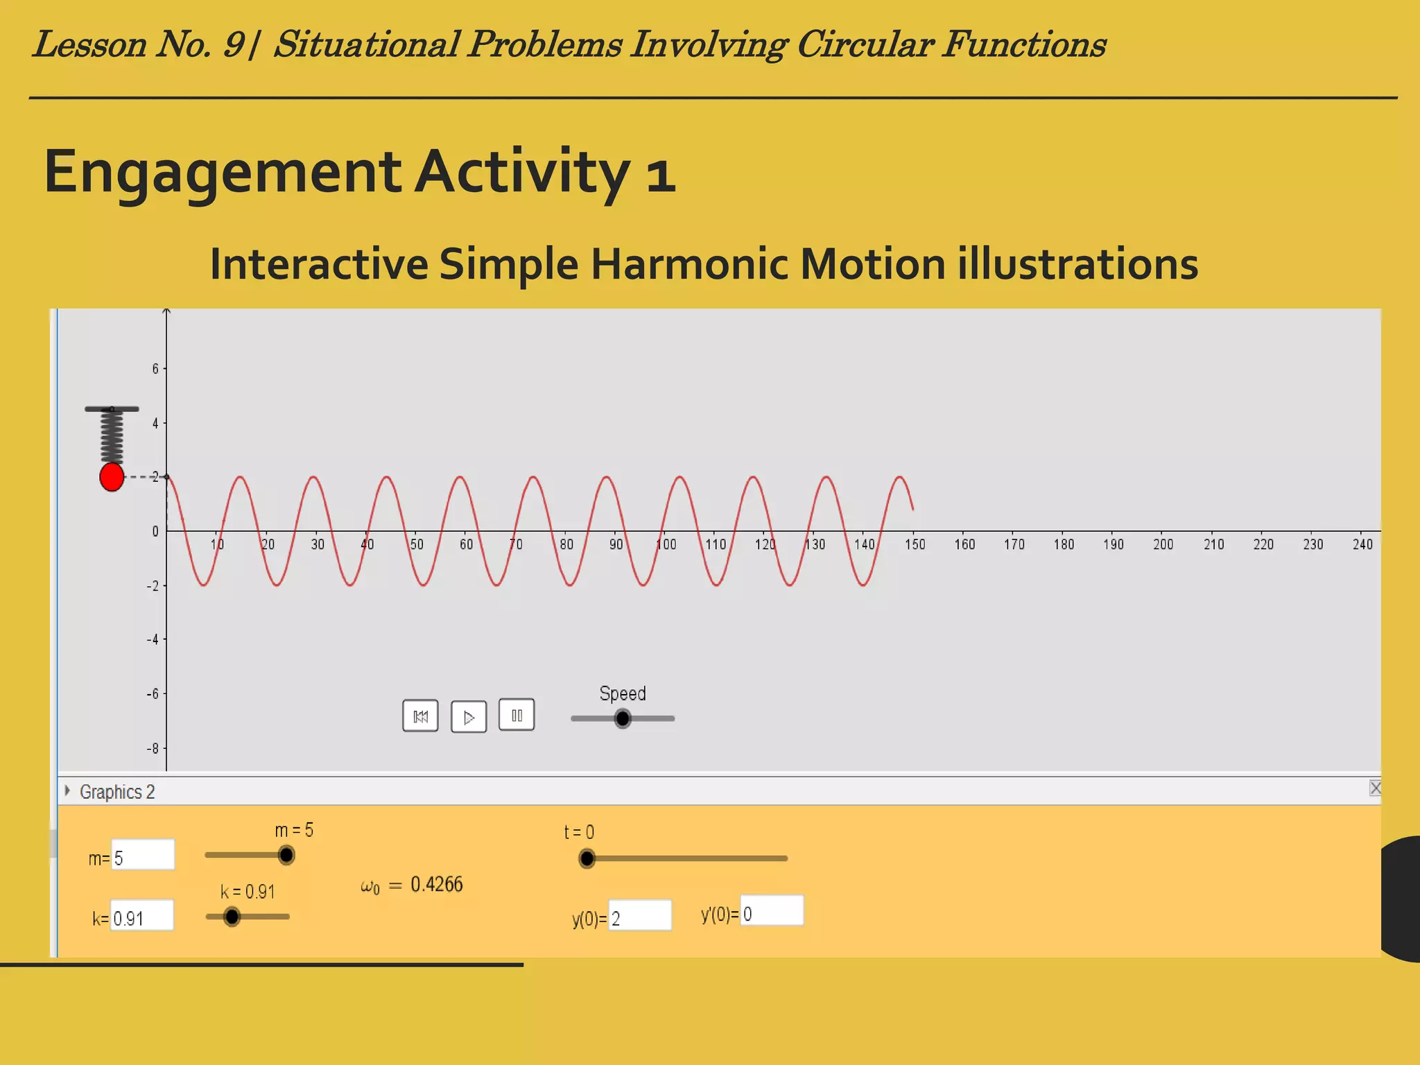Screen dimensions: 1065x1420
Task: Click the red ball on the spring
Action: pos(112,477)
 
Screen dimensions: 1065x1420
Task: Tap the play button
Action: pos(469,717)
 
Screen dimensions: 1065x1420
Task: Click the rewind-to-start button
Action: pos(420,716)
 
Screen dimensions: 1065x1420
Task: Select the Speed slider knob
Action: pos(623,718)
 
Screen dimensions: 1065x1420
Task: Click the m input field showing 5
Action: pos(143,855)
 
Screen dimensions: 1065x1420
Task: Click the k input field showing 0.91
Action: pos(142,916)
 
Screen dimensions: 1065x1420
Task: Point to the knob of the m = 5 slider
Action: pos(286,855)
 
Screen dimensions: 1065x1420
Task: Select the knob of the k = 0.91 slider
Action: pos(232,917)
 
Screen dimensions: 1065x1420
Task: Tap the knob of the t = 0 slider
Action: pos(587,858)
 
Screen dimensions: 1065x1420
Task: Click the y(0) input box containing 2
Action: pos(640,916)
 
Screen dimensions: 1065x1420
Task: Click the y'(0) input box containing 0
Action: pos(772,911)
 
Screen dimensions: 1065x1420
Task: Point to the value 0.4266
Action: pos(436,885)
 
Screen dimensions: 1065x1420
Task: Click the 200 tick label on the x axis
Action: pos(1163,545)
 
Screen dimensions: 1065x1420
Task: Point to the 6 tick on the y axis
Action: pos(156,369)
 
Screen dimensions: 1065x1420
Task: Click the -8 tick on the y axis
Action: pos(153,749)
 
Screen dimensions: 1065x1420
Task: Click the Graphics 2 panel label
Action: pos(116,792)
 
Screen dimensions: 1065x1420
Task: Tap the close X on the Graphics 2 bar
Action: pos(1375,788)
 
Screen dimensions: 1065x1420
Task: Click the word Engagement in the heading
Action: pos(222,171)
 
